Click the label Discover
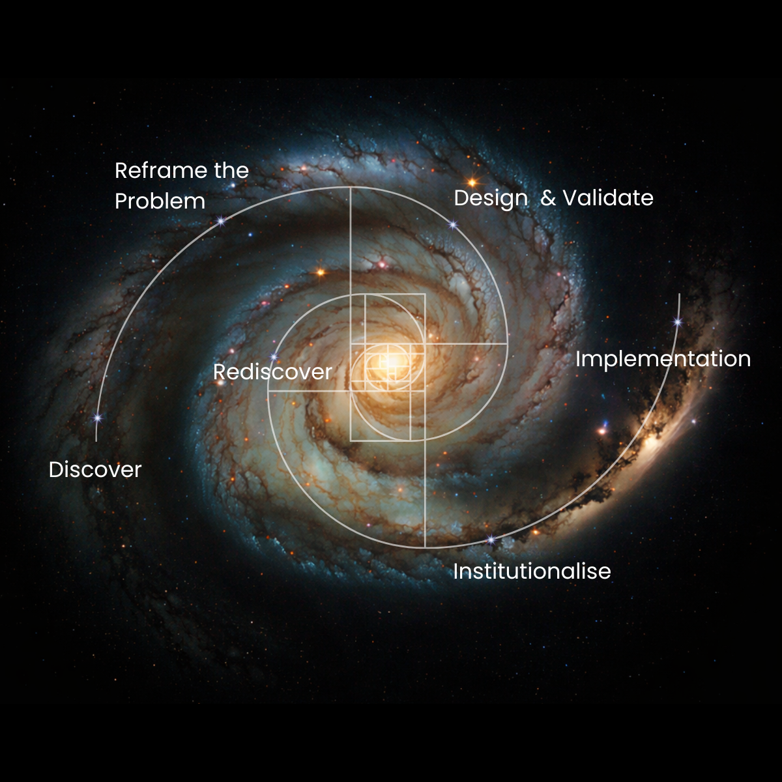pos(95,470)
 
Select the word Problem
pos(160,201)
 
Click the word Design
pos(491,198)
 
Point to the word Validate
pos(607,197)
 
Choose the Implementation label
pos(663,359)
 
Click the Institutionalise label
pos(532,572)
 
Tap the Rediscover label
pos(272,372)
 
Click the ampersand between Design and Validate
pos(548,198)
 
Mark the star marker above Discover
pos(98,418)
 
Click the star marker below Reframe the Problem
pos(221,222)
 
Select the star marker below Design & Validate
pos(453,225)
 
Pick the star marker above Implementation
pos(678,321)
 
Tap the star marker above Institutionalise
pos(491,540)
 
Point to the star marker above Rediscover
pos(274,356)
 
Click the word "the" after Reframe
pos(231,171)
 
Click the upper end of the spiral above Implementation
pos(680,295)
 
